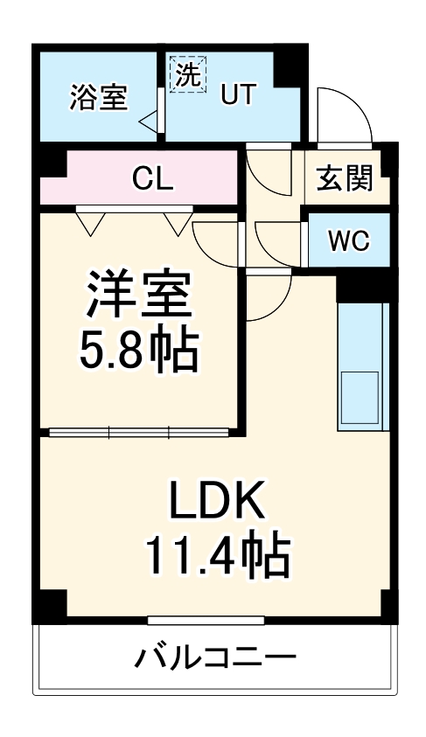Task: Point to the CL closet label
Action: [154, 178]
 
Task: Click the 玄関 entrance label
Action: [345, 178]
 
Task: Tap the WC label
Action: [348, 240]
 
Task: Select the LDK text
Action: [216, 504]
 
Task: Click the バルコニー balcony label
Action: [215, 657]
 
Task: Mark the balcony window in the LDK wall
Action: [206, 621]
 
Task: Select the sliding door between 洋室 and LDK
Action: [140, 431]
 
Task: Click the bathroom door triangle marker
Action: [149, 120]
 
